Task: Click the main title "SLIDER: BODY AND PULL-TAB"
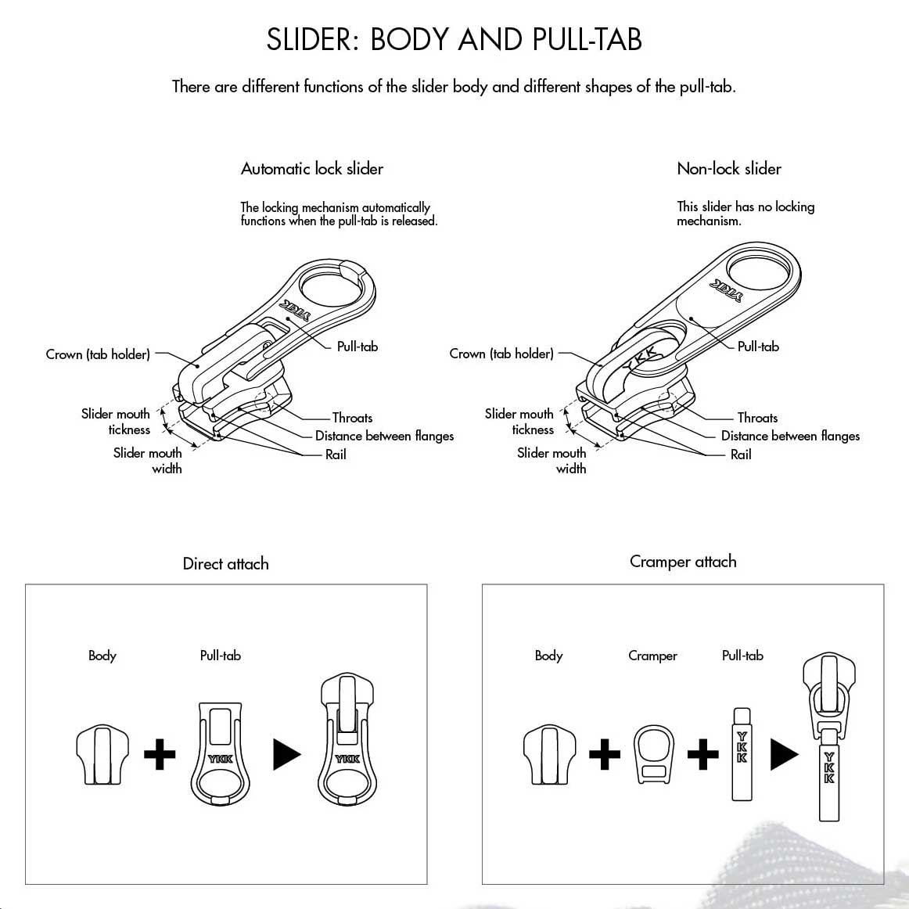[454, 39]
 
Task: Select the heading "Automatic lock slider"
[312, 169]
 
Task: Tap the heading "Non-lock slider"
[729, 169]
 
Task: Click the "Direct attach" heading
[225, 564]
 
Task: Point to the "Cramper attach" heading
[683, 562]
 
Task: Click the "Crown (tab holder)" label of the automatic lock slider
[98, 354]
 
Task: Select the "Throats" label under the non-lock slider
[757, 418]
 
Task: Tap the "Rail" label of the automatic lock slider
[336, 454]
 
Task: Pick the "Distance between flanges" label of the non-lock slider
[790, 436]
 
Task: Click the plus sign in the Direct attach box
[160, 755]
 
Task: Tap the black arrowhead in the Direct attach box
[286, 755]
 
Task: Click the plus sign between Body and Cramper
[604, 755]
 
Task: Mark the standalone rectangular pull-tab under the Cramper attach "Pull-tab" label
[742, 754]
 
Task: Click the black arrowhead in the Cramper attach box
[784, 754]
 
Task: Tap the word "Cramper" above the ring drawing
[652, 656]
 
